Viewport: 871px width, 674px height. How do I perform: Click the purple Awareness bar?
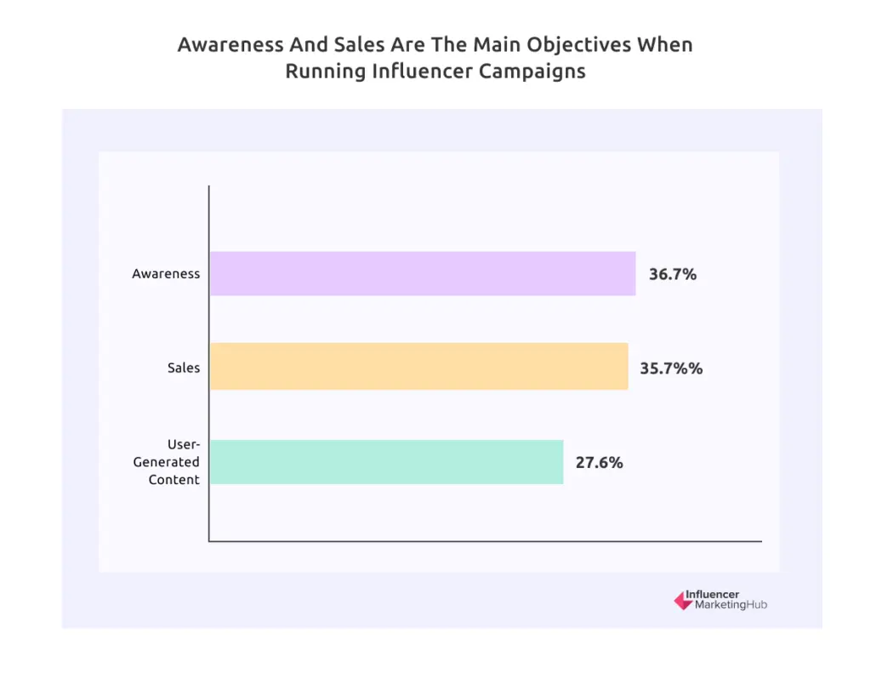pyautogui.click(x=422, y=273)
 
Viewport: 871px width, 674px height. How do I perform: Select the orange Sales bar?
pyautogui.click(x=418, y=366)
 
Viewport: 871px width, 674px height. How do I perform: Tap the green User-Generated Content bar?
pyautogui.click(x=386, y=462)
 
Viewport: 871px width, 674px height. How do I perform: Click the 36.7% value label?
pyautogui.click(x=673, y=274)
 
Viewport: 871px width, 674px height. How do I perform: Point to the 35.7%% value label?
pyautogui.click(x=671, y=368)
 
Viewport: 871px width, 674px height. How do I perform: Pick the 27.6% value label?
pyautogui.click(x=600, y=463)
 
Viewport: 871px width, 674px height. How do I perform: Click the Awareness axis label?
pyautogui.click(x=166, y=274)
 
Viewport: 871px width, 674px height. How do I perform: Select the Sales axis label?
pyautogui.click(x=184, y=368)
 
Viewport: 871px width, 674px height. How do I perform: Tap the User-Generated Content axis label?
pyautogui.click(x=167, y=462)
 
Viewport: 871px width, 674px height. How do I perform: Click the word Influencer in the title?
pyautogui.click(x=423, y=71)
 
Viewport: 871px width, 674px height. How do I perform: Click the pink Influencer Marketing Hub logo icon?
pyautogui.click(x=682, y=600)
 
